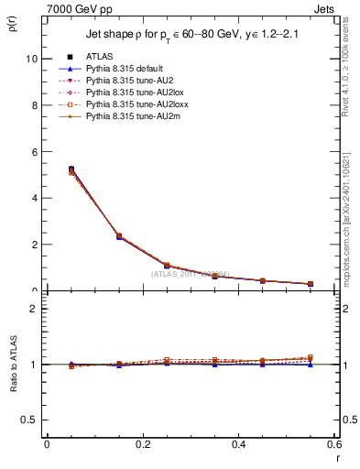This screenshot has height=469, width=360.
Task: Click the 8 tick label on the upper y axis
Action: point(36,105)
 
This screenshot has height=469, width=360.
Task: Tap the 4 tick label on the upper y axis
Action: point(36,198)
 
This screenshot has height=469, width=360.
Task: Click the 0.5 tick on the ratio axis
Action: point(32,420)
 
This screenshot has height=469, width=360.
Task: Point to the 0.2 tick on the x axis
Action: point(142,444)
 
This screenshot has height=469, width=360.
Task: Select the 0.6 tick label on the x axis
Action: point(334,444)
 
